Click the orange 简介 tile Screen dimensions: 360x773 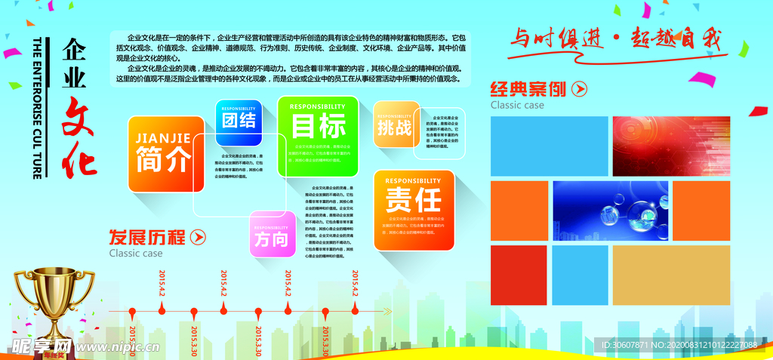pos(165,153)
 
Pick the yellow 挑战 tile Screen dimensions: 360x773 pos(395,123)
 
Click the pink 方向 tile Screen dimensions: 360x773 pos(272,235)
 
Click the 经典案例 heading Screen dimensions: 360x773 pos(528,89)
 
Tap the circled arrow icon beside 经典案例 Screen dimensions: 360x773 pos(579,89)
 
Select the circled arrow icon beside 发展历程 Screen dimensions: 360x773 pos(198,238)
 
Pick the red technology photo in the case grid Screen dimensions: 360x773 pos(670,146)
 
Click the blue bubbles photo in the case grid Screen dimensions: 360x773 pos(610,211)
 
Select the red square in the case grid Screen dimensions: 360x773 pos(519,275)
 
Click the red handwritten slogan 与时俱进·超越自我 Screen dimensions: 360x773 pos(612,38)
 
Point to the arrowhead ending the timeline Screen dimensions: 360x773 pos(388,311)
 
